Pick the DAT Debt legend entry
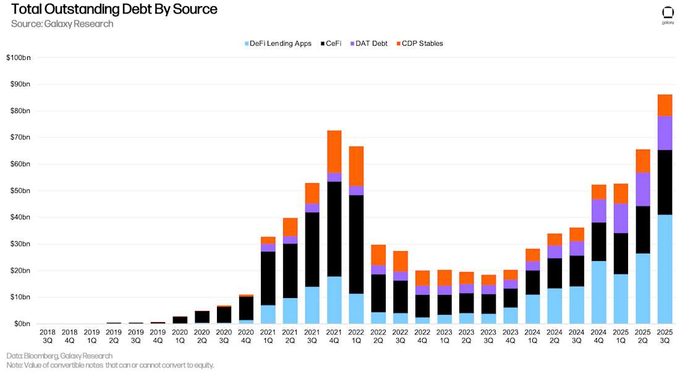pyautogui.click(x=369, y=43)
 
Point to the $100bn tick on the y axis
pyautogui.click(x=18, y=57)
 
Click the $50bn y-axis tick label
pyautogui.click(x=18, y=190)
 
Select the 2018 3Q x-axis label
pyautogui.click(x=48, y=336)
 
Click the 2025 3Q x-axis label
pyautogui.click(x=665, y=336)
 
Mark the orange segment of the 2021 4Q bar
pyautogui.click(x=334, y=151)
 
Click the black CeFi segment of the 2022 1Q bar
pyautogui.click(x=356, y=244)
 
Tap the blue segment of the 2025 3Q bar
pyautogui.click(x=665, y=269)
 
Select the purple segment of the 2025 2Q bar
pyautogui.click(x=643, y=189)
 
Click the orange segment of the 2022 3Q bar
pyautogui.click(x=400, y=261)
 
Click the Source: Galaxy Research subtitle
pyautogui.click(x=62, y=23)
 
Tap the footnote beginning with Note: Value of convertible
pyautogui.click(x=110, y=365)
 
